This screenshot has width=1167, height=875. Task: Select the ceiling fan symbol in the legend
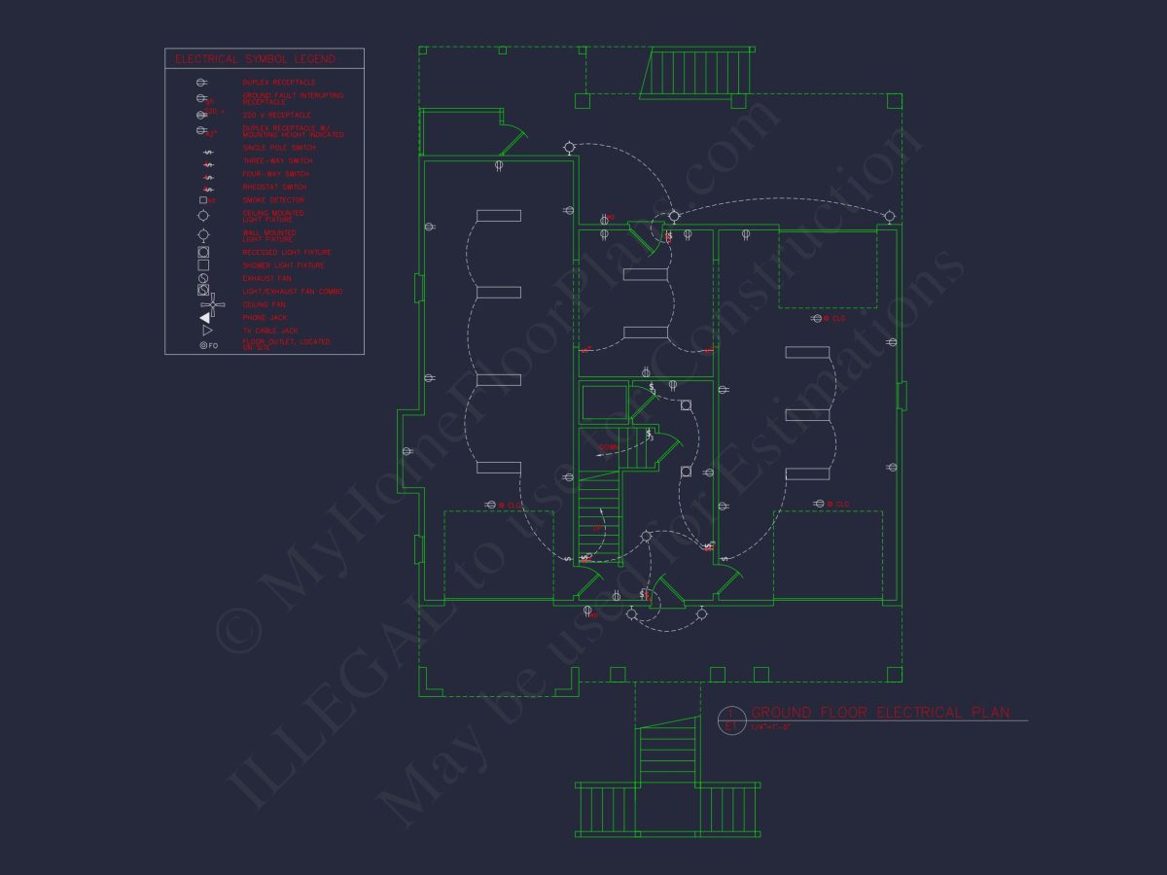tap(213, 304)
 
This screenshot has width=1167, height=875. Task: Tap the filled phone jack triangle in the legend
tap(205, 318)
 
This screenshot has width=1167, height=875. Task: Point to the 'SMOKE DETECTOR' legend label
tap(273, 200)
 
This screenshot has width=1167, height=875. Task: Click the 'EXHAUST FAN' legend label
tap(265, 278)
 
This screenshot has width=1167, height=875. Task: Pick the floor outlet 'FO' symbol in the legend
tap(208, 345)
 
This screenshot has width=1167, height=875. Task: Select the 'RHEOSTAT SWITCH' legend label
tap(274, 187)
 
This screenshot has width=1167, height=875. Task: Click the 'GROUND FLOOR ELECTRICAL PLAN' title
tap(880, 713)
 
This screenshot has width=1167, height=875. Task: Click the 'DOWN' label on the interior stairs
tap(609, 447)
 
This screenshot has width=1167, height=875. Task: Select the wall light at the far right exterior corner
tap(888, 216)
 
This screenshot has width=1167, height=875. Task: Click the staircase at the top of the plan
tap(696, 73)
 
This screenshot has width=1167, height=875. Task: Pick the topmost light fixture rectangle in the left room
tap(498, 216)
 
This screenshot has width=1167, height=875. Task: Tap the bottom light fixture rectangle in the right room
tap(807, 473)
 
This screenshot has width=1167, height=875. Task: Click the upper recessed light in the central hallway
tap(686, 405)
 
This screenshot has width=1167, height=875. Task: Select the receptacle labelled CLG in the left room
tap(493, 505)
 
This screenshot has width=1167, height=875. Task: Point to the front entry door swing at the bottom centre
tap(669, 590)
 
